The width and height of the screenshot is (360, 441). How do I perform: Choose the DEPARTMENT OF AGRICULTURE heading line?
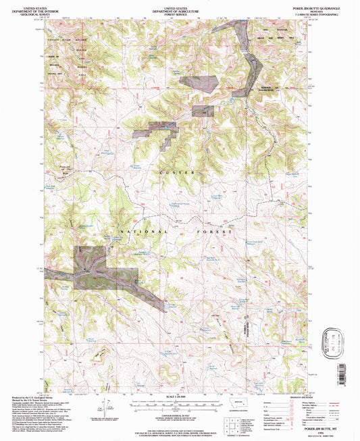point(180,9)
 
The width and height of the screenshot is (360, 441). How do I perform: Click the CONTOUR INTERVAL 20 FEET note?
point(180,411)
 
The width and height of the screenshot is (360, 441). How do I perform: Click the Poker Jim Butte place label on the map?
point(66,165)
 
